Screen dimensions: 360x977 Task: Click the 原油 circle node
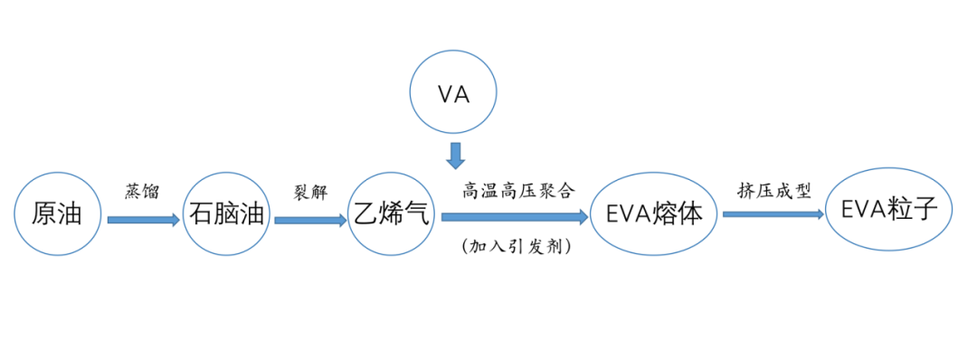pos(56,214)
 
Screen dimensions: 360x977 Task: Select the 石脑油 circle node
pos(226,214)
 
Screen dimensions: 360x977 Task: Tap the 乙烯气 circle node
pos(391,214)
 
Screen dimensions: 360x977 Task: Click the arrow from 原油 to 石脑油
pos(143,220)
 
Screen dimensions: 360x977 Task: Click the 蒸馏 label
pos(142,192)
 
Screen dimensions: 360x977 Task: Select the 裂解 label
pos(308,193)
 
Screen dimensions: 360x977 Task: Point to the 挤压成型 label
pos(774,191)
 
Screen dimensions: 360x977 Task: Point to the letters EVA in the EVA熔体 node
pos(631,215)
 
